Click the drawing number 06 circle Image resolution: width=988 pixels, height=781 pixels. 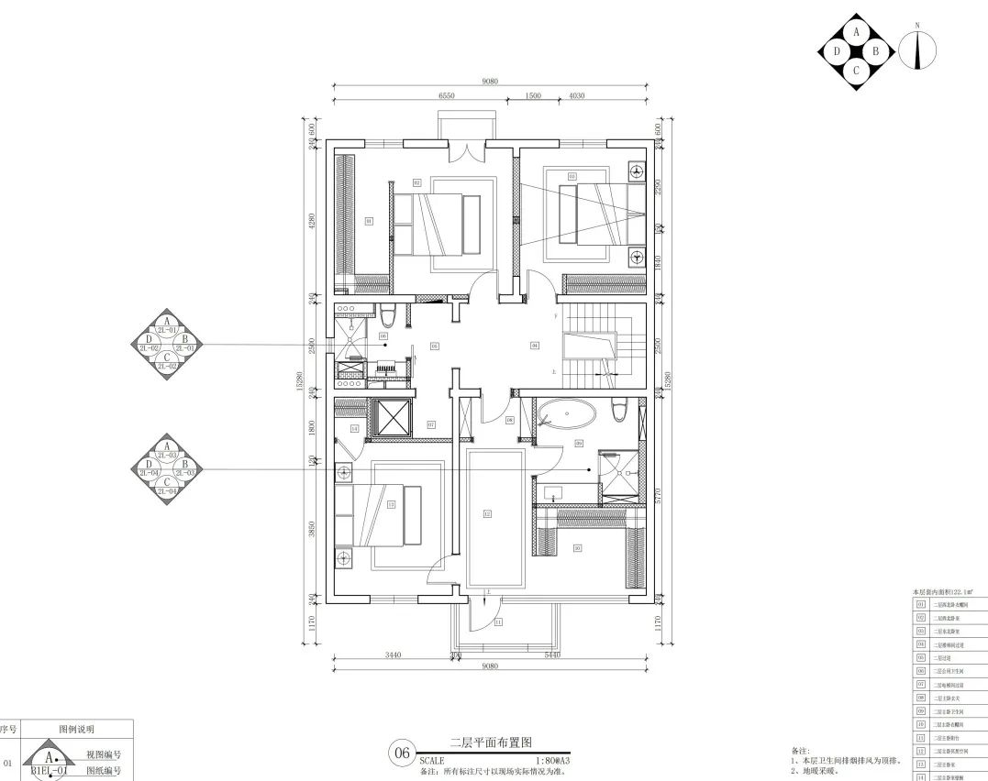click(x=402, y=753)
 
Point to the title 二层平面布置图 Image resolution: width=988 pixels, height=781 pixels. click(x=491, y=742)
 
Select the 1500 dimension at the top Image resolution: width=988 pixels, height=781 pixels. click(x=533, y=95)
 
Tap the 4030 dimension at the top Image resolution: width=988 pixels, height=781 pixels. click(x=577, y=95)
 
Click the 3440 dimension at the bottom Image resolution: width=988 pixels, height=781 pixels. click(x=393, y=655)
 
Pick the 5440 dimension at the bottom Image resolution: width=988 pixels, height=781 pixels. click(x=552, y=655)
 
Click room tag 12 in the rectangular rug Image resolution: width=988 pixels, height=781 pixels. click(x=488, y=514)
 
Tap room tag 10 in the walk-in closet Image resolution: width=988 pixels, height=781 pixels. click(x=577, y=548)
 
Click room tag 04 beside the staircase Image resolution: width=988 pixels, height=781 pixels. click(x=535, y=346)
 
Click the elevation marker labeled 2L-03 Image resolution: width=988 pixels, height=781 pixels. click(x=167, y=467)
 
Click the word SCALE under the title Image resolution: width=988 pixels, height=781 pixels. click(x=431, y=761)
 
